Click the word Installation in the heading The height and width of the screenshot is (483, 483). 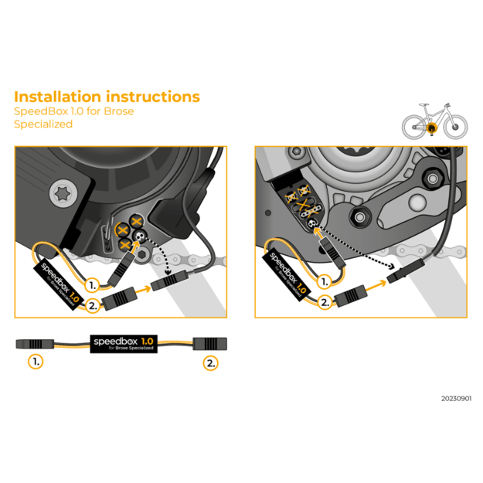(57, 97)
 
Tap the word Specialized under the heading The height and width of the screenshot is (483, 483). (43, 124)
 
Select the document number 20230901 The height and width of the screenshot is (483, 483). (456, 399)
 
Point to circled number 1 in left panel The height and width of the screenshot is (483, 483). (94, 284)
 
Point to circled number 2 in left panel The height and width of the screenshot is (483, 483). (93, 305)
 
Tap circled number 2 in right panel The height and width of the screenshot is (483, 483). (325, 302)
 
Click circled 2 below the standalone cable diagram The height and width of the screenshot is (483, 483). (209, 360)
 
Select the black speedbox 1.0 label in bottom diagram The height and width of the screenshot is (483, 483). (124, 342)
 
